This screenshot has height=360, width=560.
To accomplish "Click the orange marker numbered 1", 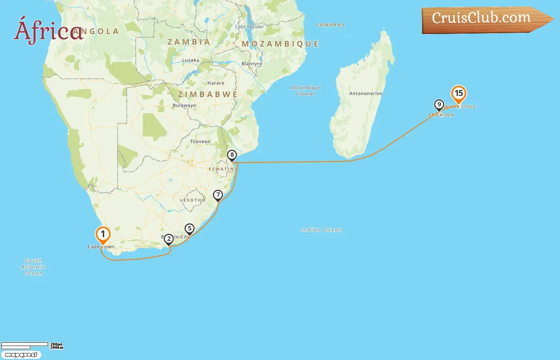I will (x=103, y=235).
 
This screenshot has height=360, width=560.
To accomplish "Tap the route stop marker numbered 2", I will (x=169, y=239).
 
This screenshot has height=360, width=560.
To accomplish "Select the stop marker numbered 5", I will (x=190, y=229).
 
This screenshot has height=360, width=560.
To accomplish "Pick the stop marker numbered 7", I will (x=218, y=195).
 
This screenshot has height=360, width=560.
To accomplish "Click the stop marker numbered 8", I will (x=232, y=155).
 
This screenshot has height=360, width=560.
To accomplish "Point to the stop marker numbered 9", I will (x=439, y=105).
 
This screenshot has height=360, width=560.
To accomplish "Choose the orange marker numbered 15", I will (x=459, y=94).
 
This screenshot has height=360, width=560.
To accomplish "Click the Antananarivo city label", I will (x=366, y=94).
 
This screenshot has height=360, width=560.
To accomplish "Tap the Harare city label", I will (x=216, y=83).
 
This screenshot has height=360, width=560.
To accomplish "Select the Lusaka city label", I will (x=190, y=60).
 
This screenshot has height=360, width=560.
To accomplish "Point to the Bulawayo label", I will (x=184, y=106).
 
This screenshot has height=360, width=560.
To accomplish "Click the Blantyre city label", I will (x=252, y=64).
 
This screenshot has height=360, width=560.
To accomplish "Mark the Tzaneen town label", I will (x=200, y=142).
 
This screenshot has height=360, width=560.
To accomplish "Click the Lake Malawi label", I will (x=249, y=27).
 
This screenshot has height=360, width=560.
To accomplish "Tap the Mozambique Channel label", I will (x=305, y=90).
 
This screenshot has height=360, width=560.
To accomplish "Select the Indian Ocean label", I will (x=321, y=230).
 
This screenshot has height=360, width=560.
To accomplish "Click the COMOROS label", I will (x=330, y=25).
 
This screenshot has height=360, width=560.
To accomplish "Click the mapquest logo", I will (x=21, y=355).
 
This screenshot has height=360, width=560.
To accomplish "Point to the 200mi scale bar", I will (x=25, y=344).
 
